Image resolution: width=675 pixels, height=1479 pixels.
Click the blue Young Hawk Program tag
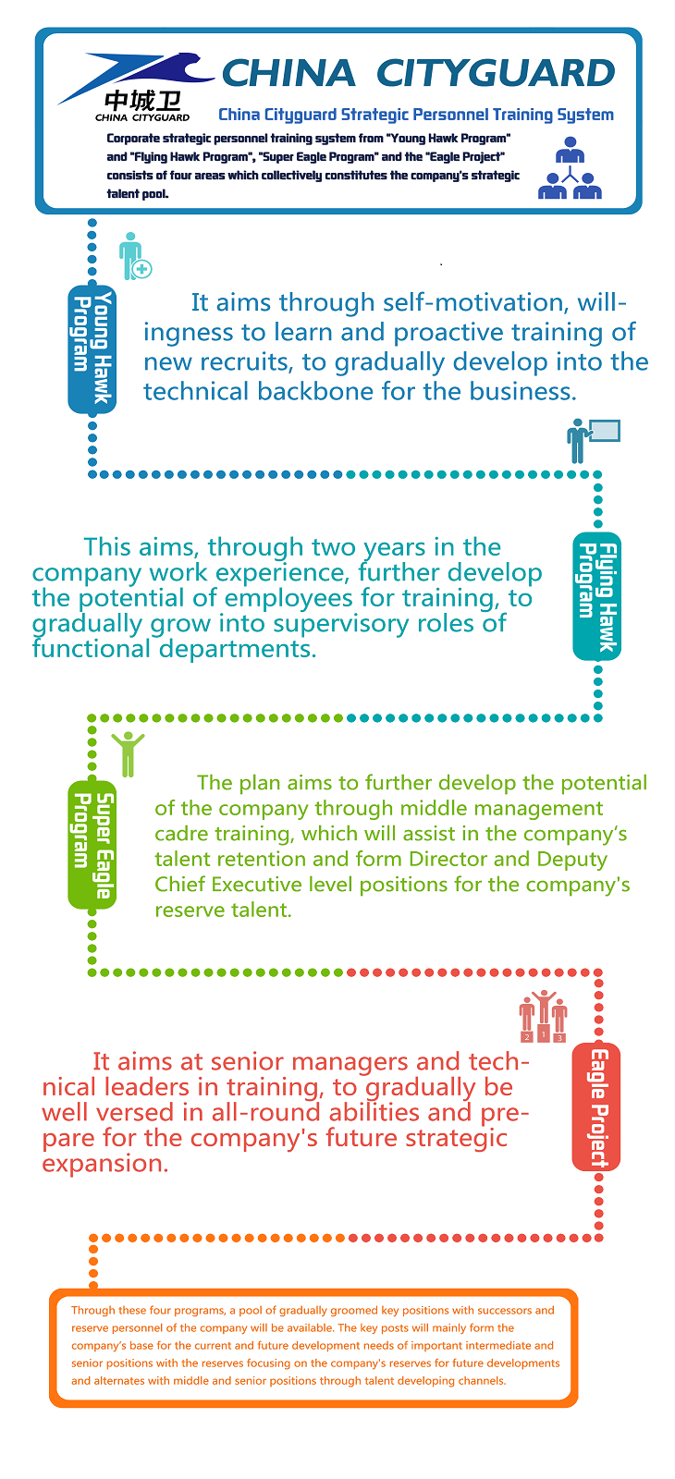(92, 349)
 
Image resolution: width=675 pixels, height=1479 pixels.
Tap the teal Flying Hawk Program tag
(596, 596)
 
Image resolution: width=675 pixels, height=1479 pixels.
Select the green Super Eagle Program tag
(92, 844)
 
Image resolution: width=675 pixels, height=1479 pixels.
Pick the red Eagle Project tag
(596, 1106)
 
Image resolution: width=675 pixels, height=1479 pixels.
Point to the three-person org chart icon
(570, 168)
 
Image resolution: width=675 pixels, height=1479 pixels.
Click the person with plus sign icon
(134, 256)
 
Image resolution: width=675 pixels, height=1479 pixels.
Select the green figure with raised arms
(128, 752)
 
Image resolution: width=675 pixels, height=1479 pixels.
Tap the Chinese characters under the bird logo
(142, 101)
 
